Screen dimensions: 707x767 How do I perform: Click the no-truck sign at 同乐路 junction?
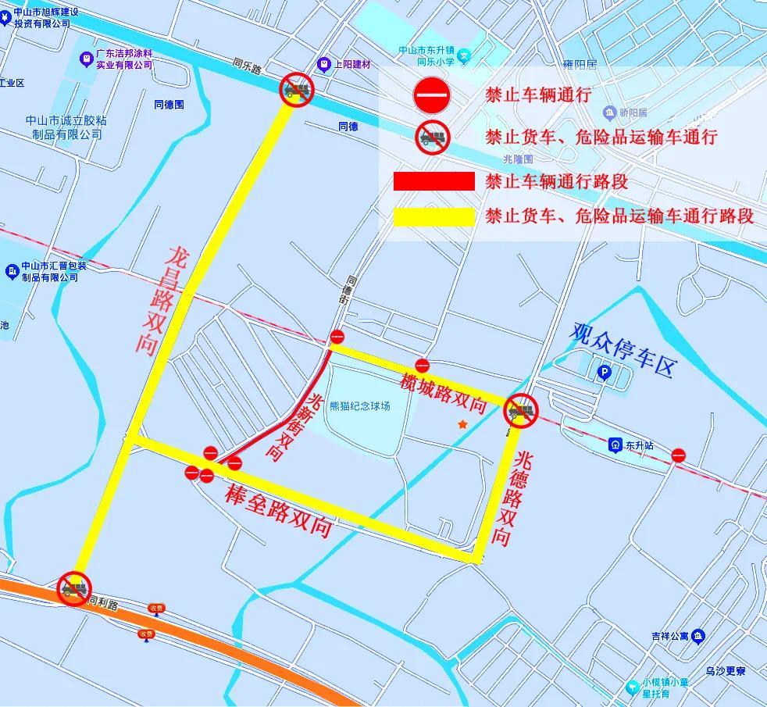pyautogui.click(x=297, y=90)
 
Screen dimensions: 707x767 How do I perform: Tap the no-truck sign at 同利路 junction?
pyautogui.click(x=75, y=588)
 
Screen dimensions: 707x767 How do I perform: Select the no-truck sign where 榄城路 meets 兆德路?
pyautogui.click(x=521, y=411)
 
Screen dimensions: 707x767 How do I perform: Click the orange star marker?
pyautogui.click(x=463, y=424)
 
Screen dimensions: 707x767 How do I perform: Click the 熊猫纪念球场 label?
pyautogui.click(x=359, y=406)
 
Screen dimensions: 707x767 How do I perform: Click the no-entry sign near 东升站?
pyautogui.click(x=678, y=454)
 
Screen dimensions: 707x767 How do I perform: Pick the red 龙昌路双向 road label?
pyautogui.click(x=165, y=302)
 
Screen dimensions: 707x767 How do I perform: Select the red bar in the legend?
pyautogui.click(x=433, y=182)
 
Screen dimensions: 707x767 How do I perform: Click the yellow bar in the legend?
pyautogui.click(x=433, y=216)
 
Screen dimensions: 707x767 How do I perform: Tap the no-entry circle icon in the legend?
pyautogui.click(x=432, y=96)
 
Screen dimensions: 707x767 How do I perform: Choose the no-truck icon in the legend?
pyautogui.click(x=432, y=137)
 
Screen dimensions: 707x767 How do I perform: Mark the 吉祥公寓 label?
pyautogui.click(x=671, y=637)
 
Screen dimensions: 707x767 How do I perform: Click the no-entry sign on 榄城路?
pyautogui.click(x=422, y=365)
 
